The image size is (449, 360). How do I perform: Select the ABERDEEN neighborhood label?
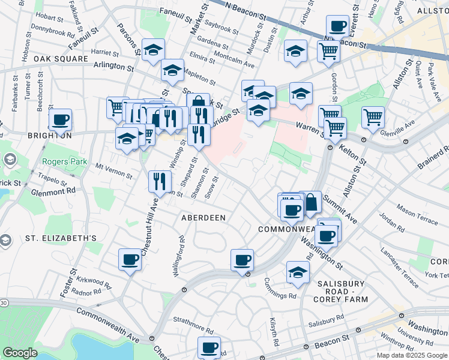[203, 218]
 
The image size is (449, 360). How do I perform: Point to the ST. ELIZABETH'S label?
[61, 238]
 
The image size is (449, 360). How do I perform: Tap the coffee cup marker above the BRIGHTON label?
[60, 119]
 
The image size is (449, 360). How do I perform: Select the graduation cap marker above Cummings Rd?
[298, 272]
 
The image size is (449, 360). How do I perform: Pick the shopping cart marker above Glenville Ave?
[373, 116]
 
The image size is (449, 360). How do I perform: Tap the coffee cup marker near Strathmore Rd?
[209, 347]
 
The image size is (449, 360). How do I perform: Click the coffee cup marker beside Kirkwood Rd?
[130, 259]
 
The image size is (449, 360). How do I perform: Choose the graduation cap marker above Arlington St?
[152, 49]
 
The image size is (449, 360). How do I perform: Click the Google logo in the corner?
[20, 353]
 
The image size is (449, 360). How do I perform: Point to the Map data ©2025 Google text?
[412, 355]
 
